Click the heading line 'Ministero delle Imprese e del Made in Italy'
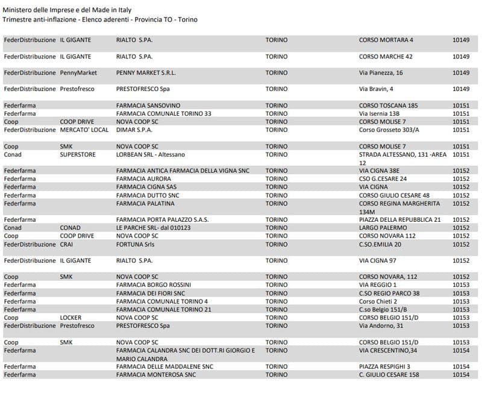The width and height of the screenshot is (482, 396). [x=67, y=10]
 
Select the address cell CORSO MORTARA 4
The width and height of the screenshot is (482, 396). [x=386, y=40]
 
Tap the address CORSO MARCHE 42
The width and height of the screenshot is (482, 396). [x=386, y=57]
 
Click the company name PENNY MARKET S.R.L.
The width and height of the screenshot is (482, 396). [x=146, y=73]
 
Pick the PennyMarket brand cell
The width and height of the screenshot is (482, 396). [x=78, y=73]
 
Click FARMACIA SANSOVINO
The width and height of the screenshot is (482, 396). [x=148, y=105]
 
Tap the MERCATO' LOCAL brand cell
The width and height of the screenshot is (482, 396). [x=84, y=130]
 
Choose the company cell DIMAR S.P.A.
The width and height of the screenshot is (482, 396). [x=134, y=130]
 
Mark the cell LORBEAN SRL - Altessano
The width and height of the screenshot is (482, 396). [x=151, y=154]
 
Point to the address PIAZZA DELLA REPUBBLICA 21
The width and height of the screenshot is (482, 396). [x=400, y=220]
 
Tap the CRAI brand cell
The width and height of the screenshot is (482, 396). [x=66, y=245]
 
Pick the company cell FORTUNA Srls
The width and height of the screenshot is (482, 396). [x=136, y=245]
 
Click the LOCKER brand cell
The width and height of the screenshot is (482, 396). [x=70, y=318]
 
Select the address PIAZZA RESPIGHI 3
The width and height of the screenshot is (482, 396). [x=384, y=366]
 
